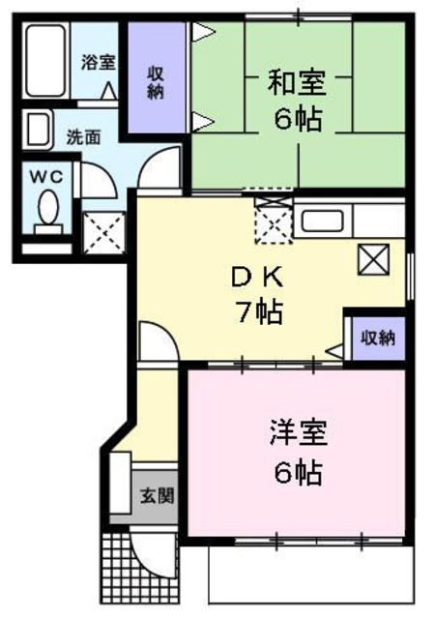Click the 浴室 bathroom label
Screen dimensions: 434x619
[99, 62]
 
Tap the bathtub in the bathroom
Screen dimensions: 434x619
[45, 60]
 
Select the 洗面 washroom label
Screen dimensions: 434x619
[83, 137]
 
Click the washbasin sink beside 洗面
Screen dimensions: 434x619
[38, 129]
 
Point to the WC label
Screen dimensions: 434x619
[46, 176]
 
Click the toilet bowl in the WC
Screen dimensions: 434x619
[48, 212]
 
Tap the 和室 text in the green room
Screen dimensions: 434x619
[297, 83]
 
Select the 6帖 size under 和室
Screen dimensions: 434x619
[298, 119]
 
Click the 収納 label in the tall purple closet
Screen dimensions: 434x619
[156, 83]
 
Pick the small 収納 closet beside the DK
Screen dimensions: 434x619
[378, 338]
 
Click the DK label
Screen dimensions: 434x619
[257, 278]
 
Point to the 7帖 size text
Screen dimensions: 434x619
[259, 312]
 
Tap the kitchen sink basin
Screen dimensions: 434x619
[322, 221]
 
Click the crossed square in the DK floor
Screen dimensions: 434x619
[373, 259]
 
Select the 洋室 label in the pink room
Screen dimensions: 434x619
[299, 433]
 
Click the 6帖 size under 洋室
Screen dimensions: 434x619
[299, 472]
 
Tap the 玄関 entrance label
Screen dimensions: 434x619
[158, 496]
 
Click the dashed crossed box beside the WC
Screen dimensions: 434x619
[103, 233]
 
